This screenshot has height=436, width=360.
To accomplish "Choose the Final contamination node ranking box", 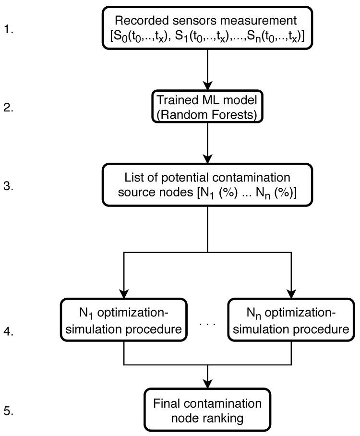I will point(207,410).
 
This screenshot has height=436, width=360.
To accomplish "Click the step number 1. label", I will point(9,30).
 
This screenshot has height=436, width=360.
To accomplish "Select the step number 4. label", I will point(9,331).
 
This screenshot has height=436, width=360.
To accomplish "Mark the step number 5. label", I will point(9,411).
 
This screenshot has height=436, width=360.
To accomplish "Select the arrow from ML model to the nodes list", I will point(207,144).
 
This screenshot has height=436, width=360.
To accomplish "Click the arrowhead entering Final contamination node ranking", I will point(207,384).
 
